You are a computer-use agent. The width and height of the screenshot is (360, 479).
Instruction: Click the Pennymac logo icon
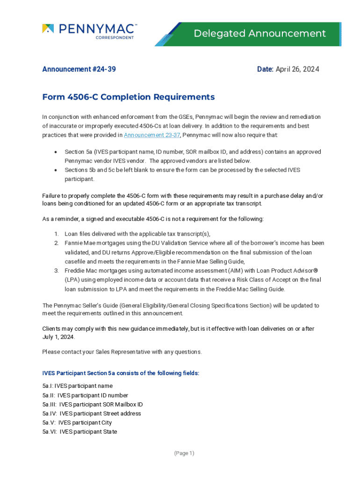pos(48,29)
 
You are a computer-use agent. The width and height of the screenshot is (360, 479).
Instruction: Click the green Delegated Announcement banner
pos(259,34)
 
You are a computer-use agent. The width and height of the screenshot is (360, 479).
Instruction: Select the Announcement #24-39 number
pos(79,69)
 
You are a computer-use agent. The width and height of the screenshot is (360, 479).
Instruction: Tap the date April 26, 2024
pos(297,69)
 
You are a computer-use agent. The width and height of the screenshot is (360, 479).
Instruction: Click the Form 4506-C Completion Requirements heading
pos(129,97)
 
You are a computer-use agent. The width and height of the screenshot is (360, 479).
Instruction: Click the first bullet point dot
pos(56,152)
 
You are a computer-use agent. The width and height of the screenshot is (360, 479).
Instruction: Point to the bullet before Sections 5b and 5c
pos(56,170)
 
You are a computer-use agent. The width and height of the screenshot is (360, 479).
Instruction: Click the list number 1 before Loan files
pos(56,234)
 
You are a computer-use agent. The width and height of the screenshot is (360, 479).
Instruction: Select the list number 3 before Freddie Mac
pos(56,270)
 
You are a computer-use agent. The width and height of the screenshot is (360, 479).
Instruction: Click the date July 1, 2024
pos(58,337)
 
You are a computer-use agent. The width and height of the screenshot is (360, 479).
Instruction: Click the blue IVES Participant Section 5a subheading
pos(121,373)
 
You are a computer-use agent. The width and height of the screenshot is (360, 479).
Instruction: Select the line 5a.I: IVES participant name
pos(77,386)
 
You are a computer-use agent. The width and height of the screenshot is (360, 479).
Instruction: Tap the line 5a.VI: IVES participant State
pos(79,432)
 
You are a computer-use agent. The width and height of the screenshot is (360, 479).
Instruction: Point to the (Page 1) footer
pos(184,453)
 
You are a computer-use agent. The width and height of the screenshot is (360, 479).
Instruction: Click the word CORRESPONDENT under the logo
pos(115,37)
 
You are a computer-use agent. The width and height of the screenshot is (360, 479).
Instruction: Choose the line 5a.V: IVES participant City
pos(77,422)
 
